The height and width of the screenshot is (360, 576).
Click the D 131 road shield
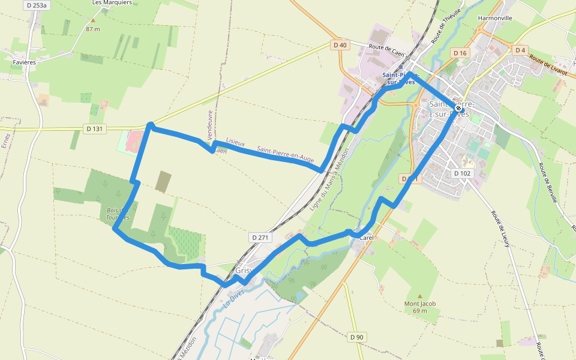(95, 128)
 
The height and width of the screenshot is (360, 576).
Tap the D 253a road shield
(37, 5)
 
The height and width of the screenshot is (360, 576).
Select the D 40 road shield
(340, 45)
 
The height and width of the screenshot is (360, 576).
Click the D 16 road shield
(460, 53)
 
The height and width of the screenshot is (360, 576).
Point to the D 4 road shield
(520, 50)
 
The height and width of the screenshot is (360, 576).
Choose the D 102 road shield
(463, 173)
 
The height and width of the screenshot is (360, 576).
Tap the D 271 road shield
(260, 238)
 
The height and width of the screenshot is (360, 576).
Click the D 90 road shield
(356, 337)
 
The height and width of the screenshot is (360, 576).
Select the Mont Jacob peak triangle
(420, 296)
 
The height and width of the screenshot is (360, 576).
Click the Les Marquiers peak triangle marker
(92, 20)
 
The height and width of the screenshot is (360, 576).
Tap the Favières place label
(25, 62)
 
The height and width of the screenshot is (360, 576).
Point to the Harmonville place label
(495, 18)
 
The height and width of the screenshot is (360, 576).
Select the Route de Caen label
(387, 50)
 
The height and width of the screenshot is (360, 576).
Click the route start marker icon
(458, 109)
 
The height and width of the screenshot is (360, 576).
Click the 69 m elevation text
(420, 311)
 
